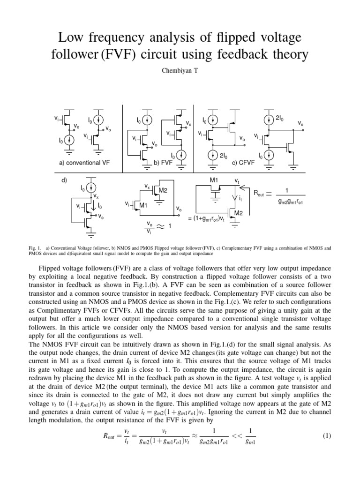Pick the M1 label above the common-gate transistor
214,180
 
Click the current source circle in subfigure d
89,188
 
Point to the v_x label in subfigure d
96,196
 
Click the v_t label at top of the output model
237,180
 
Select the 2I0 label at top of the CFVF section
279,118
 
